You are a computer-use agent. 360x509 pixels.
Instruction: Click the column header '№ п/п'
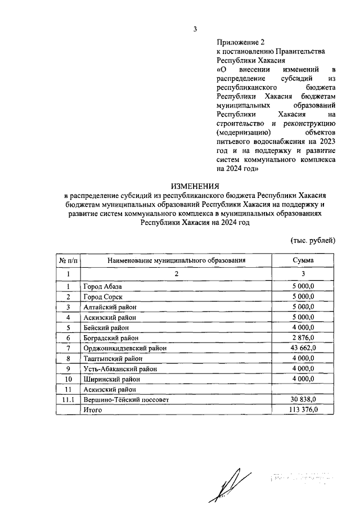68,260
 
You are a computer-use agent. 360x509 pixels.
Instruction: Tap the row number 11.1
68,399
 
